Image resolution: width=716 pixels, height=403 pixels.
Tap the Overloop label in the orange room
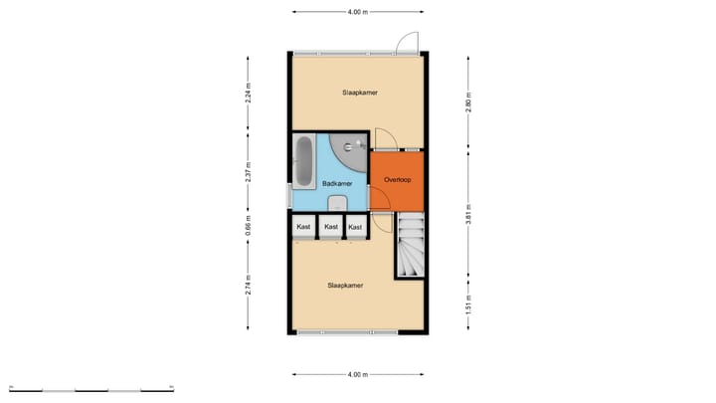397,180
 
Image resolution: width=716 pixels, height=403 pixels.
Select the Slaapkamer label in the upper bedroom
359,93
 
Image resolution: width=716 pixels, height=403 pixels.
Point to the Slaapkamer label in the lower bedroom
345,285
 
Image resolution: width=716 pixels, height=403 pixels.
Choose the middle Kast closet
330,228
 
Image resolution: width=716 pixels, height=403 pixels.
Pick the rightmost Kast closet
355,228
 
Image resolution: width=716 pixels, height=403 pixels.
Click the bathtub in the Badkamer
304,161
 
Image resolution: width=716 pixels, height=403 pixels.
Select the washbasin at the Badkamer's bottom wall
336,203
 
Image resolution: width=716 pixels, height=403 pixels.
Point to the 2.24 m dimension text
249,93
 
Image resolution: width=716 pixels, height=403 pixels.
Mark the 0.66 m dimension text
249,227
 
